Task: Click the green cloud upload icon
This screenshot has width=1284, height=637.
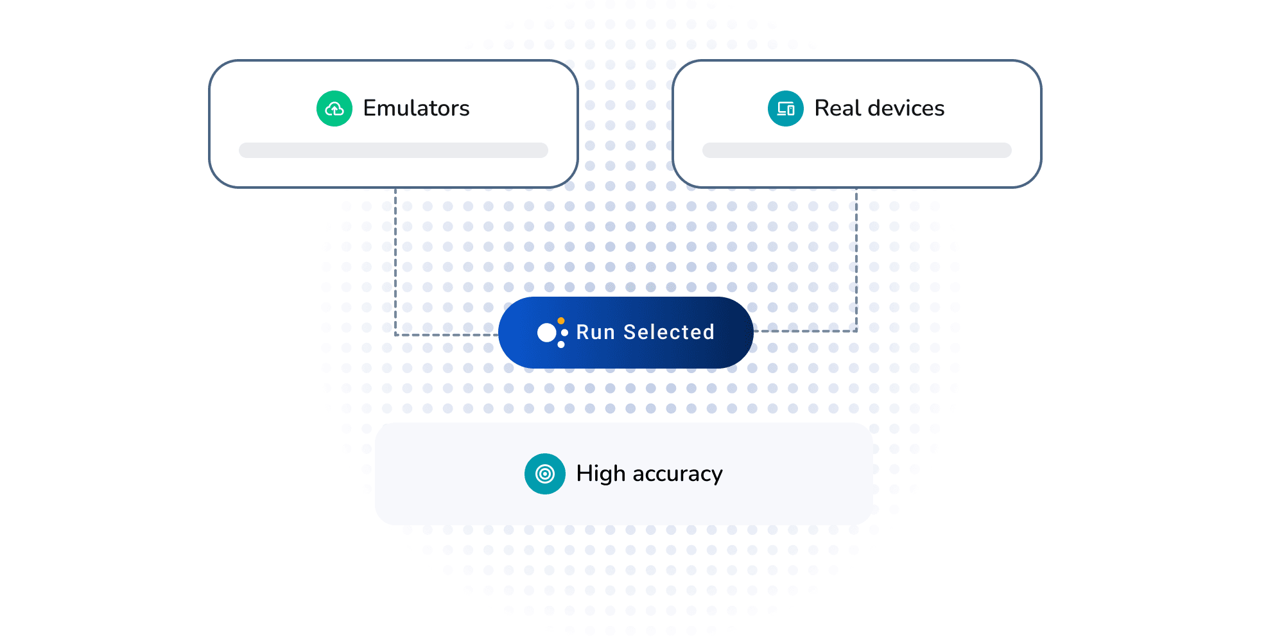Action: coord(334,109)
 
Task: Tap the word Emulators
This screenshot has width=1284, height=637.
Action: coord(416,108)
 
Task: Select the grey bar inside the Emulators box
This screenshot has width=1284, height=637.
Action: coord(394,150)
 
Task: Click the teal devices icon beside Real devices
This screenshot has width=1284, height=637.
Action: coord(786,109)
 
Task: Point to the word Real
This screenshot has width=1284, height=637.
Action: coord(838,108)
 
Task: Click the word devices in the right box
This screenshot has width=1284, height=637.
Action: coord(906,108)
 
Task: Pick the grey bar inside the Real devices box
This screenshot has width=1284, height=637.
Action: coord(857,150)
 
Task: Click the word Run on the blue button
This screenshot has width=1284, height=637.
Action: coord(596,332)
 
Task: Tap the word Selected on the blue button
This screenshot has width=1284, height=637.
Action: coord(669,332)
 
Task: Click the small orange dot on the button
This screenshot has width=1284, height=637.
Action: coord(561,320)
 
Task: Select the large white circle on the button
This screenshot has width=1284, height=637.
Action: coord(547,333)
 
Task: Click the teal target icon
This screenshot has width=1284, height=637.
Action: coord(545,474)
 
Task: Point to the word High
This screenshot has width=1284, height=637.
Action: coord(601,474)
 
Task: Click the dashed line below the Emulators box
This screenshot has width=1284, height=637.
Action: coord(395,261)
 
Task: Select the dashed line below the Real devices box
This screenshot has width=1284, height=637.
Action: coord(856,259)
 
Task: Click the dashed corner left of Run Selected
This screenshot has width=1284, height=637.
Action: coord(395,335)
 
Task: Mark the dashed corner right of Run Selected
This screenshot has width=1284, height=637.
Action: coord(856,331)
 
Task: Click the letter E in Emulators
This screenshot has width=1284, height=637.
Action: coord(370,108)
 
